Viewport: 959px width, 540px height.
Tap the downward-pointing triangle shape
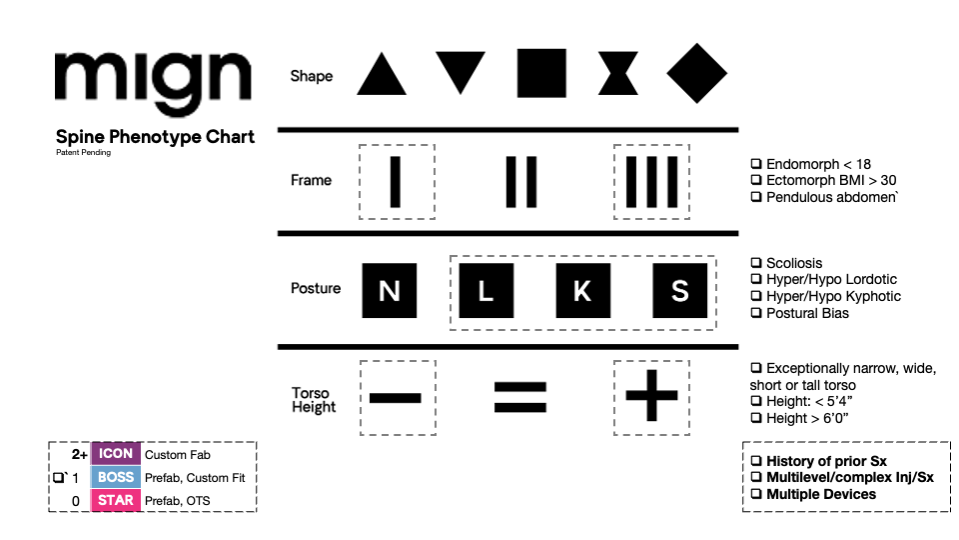tap(461, 72)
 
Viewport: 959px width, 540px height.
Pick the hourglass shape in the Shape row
tap(618, 75)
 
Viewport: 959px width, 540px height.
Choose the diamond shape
tap(697, 74)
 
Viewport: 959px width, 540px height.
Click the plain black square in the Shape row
tap(541, 74)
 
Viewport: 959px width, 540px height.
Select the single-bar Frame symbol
tap(396, 181)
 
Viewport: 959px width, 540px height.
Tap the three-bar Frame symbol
tap(652, 181)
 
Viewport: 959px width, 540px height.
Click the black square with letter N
tap(390, 290)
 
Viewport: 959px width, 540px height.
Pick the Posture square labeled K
tap(582, 290)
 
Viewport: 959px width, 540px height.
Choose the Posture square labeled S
tap(679, 290)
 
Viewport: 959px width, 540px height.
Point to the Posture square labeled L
tap(485, 290)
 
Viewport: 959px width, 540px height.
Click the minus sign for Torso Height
tap(397, 397)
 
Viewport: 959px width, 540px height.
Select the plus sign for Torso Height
tap(651, 396)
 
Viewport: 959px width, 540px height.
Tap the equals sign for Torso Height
tap(520, 396)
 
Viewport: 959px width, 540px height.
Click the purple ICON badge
tap(116, 454)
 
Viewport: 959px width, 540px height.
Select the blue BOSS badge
tap(116, 477)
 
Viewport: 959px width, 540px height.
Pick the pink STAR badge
tap(116, 500)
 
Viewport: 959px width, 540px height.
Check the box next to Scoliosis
tap(756, 263)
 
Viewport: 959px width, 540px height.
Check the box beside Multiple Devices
tap(756, 494)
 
